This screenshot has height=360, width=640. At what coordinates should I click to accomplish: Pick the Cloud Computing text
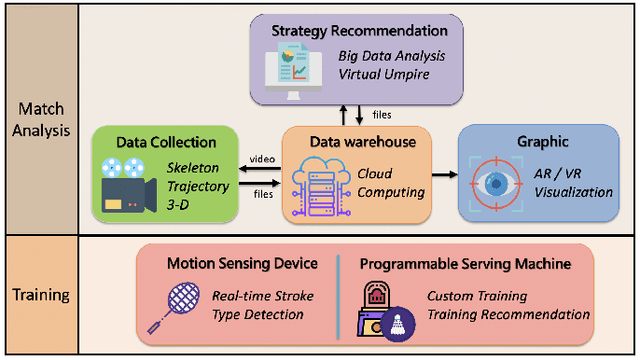[389, 182]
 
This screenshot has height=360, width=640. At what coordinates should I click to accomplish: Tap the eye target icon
[495, 185]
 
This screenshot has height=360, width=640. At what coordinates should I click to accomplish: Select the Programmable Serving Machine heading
[467, 264]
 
